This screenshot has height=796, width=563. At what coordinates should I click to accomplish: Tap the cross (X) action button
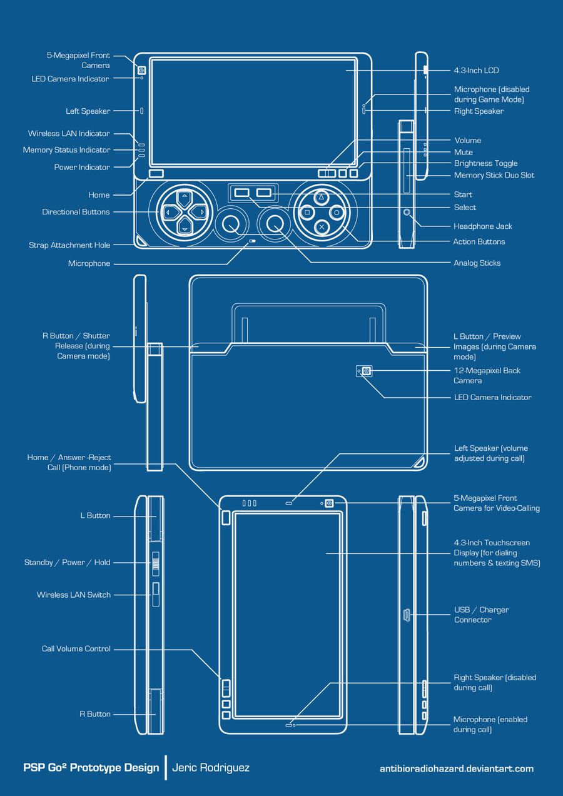[x=321, y=227]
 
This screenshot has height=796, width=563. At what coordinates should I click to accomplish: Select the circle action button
[x=337, y=213]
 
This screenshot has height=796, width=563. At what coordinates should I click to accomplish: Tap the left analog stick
[x=230, y=222]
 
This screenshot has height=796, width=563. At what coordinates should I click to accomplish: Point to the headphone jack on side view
[x=407, y=213]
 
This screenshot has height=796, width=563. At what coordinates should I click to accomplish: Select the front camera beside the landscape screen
[x=142, y=70]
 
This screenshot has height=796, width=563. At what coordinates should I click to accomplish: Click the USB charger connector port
[x=405, y=615]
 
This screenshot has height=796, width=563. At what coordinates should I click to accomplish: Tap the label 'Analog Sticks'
[x=477, y=263]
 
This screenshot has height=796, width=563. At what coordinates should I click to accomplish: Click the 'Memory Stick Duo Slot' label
[x=494, y=176]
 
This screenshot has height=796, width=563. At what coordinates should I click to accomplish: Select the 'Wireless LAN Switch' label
[x=73, y=595]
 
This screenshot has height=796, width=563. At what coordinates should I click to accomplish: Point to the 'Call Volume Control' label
[x=76, y=649]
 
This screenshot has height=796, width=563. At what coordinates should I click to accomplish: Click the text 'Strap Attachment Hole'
[x=69, y=245]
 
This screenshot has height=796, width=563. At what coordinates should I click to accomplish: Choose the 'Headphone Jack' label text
[x=483, y=226]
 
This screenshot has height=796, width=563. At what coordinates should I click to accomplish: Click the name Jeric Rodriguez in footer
[x=211, y=767]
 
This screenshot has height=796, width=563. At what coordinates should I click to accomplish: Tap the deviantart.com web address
[x=456, y=768]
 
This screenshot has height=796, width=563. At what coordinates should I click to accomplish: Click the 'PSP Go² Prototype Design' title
[x=91, y=767]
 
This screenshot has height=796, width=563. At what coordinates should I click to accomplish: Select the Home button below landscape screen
[x=156, y=173]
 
